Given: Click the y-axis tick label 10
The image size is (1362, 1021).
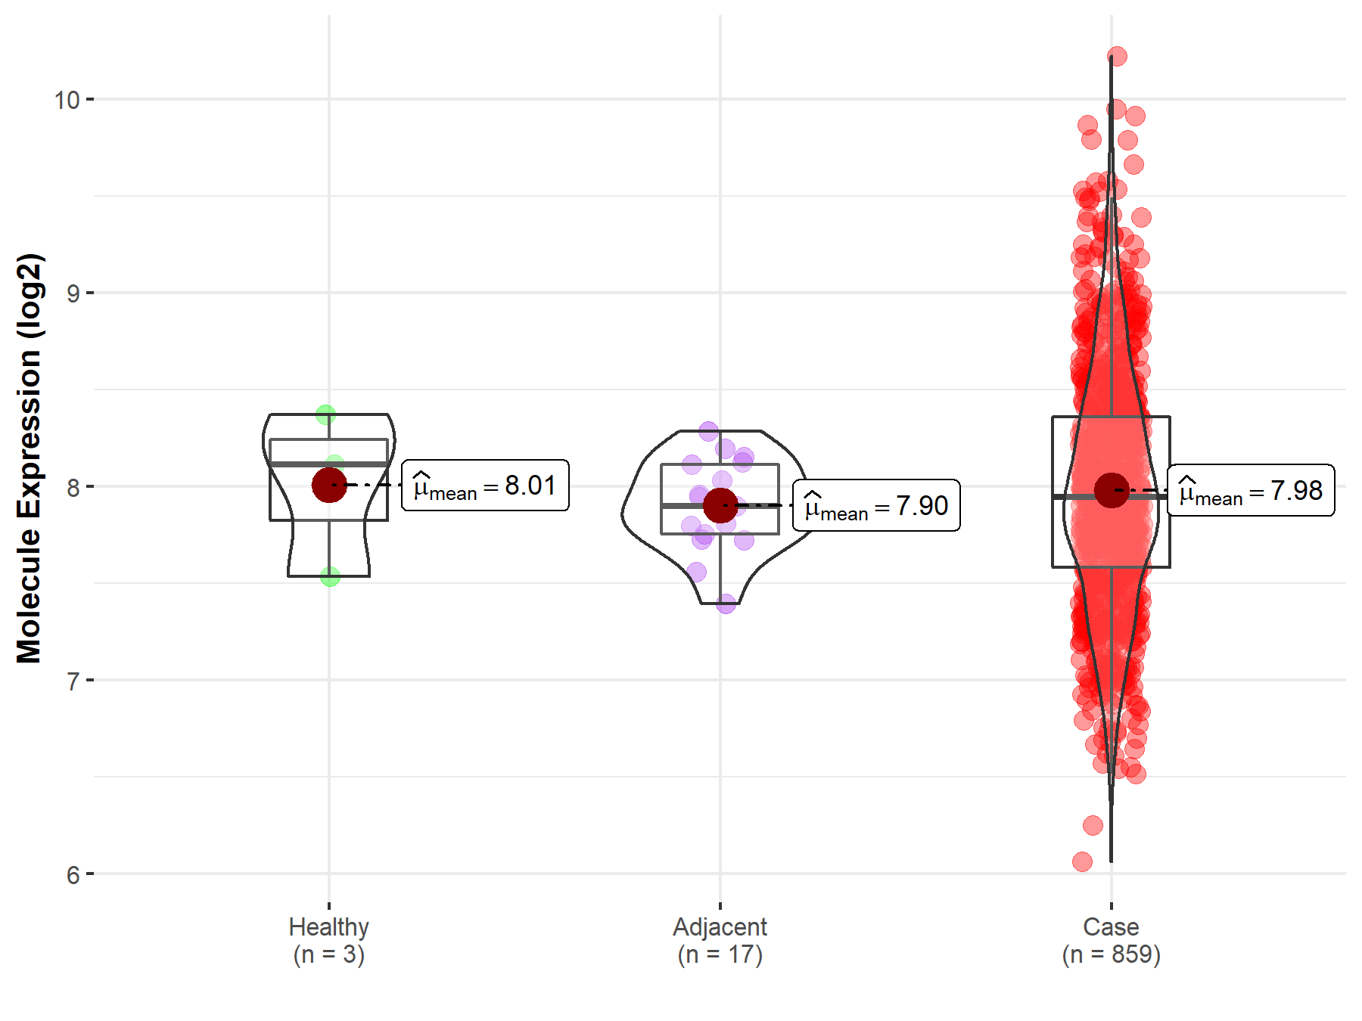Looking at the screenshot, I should point(67,100).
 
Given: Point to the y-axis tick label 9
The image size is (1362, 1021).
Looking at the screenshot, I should point(73,293).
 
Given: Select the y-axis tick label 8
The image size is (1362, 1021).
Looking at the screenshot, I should point(73,487).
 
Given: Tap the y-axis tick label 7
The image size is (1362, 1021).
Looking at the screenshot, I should point(73,681).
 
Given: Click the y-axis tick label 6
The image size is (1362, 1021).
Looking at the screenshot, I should point(73,875).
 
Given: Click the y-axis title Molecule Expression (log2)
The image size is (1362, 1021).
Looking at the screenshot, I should point(29,458).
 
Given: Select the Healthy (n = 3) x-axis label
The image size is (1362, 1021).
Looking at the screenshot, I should point(329,940).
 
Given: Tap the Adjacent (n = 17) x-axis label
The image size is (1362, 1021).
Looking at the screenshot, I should point(720,940).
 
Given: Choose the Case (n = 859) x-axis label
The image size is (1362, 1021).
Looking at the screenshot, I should point(1111,940).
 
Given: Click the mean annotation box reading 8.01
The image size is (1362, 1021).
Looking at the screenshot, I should point(485,486).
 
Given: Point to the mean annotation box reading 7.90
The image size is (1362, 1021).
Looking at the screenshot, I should point(876,505).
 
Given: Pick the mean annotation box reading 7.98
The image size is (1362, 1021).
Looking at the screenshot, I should point(1251,490).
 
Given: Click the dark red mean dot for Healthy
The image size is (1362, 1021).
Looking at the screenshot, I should point(329,485).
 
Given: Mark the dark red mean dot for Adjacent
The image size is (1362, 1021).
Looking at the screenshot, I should point(720,505).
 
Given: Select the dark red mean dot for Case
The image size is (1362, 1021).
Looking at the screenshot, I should point(1112,490).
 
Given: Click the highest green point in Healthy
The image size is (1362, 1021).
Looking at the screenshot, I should point(326,414).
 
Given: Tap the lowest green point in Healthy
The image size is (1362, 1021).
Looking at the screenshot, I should point(330,576).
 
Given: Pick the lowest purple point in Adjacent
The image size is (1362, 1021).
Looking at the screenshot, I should point(726,604).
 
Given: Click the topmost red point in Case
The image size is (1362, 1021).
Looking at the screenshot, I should point(1117,56).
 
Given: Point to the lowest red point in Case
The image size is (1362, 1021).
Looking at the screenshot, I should point(1082,861).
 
